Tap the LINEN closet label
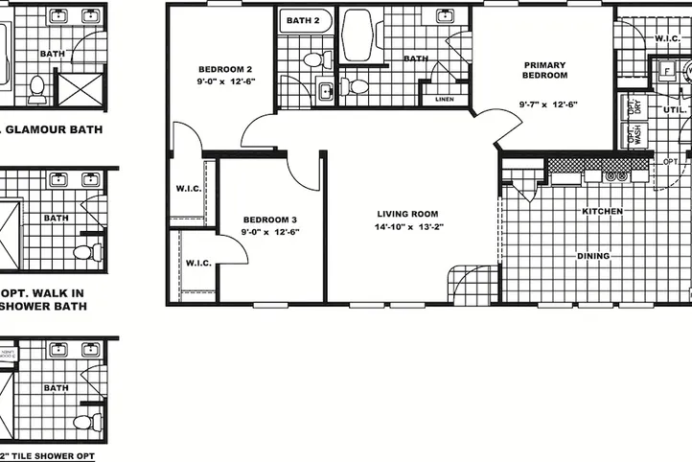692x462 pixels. (444, 99)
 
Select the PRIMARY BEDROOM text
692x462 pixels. (544, 70)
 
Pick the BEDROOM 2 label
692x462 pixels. (225, 69)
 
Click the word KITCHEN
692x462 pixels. (603, 211)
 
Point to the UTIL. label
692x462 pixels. (674, 110)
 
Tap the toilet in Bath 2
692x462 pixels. (313, 59)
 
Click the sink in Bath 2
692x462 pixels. (325, 91)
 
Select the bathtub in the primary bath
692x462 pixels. (358, 31)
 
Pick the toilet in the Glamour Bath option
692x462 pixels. (37, 87)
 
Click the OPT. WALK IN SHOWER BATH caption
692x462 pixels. (43, 299)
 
